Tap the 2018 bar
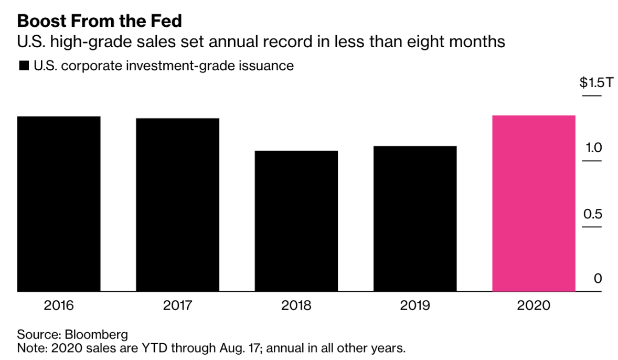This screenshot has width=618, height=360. pos(296,221)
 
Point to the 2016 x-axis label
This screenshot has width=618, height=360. pos(59,305)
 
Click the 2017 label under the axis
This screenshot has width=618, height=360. pos(178,305)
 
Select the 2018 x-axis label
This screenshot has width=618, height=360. pos(296,305)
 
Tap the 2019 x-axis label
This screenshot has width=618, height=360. pos(415,305)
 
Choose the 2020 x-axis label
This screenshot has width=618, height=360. pos(534,305)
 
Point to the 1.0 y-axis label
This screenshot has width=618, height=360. pos(593,148)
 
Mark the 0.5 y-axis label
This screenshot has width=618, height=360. pos(593,214)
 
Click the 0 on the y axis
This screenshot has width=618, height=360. pos(598,279)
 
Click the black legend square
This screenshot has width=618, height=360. pos(24,67)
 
